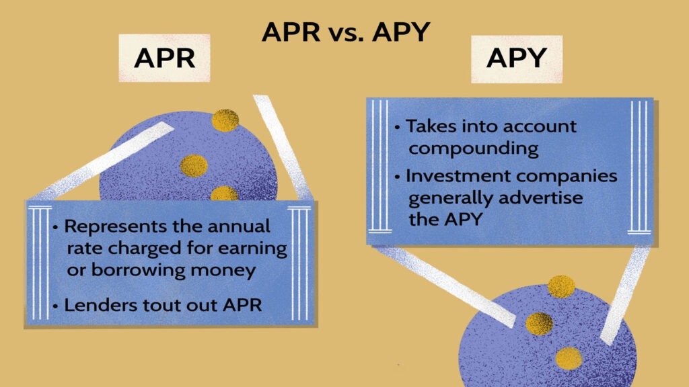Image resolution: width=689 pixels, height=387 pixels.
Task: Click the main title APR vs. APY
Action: (x=346, y=32)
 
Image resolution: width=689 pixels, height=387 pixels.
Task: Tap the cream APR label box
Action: (x=164, y=58)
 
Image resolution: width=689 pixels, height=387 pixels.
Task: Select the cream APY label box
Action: (x=517, y=59)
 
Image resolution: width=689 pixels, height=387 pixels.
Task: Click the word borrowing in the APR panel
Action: (x=137, y=271)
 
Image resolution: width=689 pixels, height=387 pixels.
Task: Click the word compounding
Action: (x=474, y=149)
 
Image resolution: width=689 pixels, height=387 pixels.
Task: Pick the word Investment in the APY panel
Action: (x=458, y=176)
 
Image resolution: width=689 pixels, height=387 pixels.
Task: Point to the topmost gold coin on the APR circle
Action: (x=225, y=120)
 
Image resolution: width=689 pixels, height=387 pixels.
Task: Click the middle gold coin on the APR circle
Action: (x=194, y=166)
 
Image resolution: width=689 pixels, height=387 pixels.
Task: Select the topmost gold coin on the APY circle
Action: (x=561, y=286)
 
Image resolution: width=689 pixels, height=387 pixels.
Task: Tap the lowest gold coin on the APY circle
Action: (x=569, y=358)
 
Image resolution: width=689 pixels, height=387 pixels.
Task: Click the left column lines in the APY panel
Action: (x=379, y=167)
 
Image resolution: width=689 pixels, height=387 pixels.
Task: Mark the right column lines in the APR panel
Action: (x=299, y=263)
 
